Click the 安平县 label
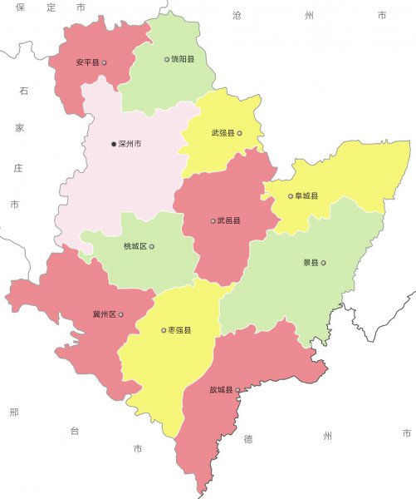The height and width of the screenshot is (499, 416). coord(86,62)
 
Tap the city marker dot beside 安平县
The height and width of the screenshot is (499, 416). coord(104,62)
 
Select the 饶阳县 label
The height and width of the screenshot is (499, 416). coord(183,59)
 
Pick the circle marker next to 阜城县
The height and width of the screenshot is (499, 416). coord(291,197)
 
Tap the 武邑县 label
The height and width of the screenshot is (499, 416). coord(228,221)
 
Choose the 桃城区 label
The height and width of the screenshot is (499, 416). coord(135,247)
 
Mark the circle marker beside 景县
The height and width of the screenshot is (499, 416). coord(323,264)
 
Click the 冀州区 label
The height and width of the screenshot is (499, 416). coord(104,315)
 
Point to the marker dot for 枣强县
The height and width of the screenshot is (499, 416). coord(164,330)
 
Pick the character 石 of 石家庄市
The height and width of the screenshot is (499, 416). coord(22,91)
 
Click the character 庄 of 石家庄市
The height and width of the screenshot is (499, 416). coord(18,167)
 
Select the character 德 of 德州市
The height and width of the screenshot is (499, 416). coord(247,437)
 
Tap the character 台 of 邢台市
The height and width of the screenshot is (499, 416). coord(74,431)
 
